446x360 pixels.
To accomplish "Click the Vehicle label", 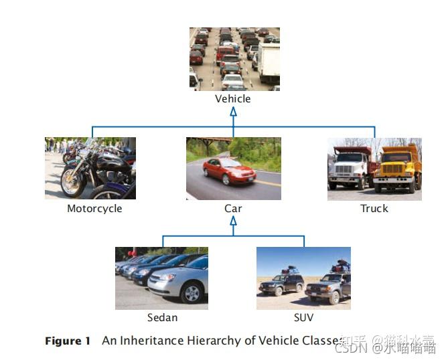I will pyautogui.click(x=232, y=99).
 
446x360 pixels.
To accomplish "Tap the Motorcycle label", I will pyautogui.click(x=94, y=209).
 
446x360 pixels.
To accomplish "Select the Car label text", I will pyautogui.click(x=233, y=209).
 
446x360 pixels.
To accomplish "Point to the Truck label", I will pyautogui.click(x=374, y=209).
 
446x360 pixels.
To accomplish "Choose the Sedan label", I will pyautogui.click(x=163, y=317).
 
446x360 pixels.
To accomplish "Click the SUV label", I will pyautogui.click(x=303, y=317).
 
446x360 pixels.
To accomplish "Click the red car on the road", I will pyautogui.click(x=229, y=171).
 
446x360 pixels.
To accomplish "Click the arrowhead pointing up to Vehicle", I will pyautogui.click(x=233, y=112).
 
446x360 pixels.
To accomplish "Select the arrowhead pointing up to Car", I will pyautogui.click(x=233, y=221).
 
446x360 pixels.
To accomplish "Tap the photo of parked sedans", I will pyautogui.click(x=161, y=278).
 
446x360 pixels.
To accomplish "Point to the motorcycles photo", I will pyautogui.click(x=90, y=168).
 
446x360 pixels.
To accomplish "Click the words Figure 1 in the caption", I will pyautogui.click(x=68, y=341).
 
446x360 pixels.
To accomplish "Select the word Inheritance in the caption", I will pyautogui.click(x=150, y=341).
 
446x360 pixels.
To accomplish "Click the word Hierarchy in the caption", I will pyautogui.click(x=216, y=341).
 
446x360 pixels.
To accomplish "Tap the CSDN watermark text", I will pyautogui.click(x=349, y=347).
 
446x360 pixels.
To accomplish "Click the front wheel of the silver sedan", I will pyautogui.click(x=192, y=293).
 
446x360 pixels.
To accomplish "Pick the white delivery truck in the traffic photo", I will pyautogui.click(x=269, y=63).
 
